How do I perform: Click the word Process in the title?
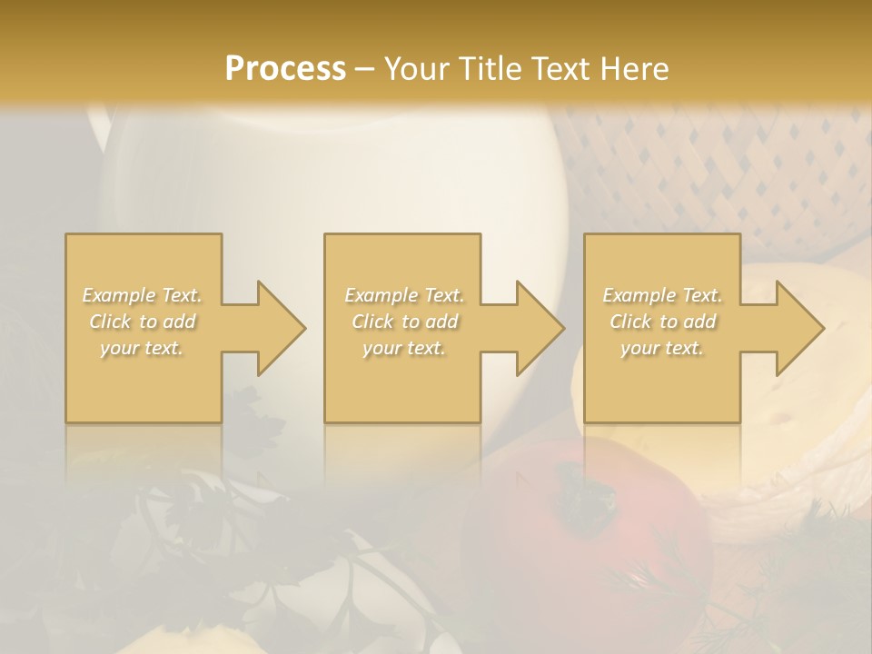[285, 68]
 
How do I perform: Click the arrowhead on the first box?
[272, 328]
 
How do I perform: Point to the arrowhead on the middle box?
[531, 328]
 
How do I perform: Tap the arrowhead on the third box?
[791, 328]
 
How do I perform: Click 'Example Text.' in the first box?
[143, 295]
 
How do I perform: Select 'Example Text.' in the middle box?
[403, 295]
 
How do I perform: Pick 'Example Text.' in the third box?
[662, 295]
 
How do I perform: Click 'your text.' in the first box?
[143, 348]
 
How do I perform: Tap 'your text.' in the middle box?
[403, 348]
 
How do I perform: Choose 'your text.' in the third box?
[662, 348]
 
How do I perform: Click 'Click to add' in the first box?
[143, 322]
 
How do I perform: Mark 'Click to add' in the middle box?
[403, 322]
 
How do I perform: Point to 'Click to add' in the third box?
[662, 322]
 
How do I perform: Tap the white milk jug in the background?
[336, 173]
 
